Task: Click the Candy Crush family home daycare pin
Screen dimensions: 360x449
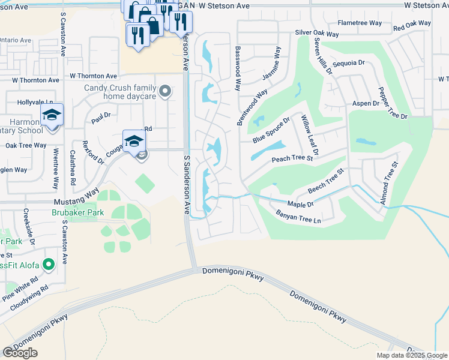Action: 166,92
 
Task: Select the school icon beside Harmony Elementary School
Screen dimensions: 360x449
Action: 52,115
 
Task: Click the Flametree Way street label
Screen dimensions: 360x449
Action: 360,23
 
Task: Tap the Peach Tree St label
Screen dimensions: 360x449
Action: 292,159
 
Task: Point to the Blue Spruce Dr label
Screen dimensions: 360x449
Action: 271,130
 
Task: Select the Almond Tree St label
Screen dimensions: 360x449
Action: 389,182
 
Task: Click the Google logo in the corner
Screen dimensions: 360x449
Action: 20,353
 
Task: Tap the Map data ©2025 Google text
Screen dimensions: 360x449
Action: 411,355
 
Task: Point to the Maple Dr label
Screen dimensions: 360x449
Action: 300,205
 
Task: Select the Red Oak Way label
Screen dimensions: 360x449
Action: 412,25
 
